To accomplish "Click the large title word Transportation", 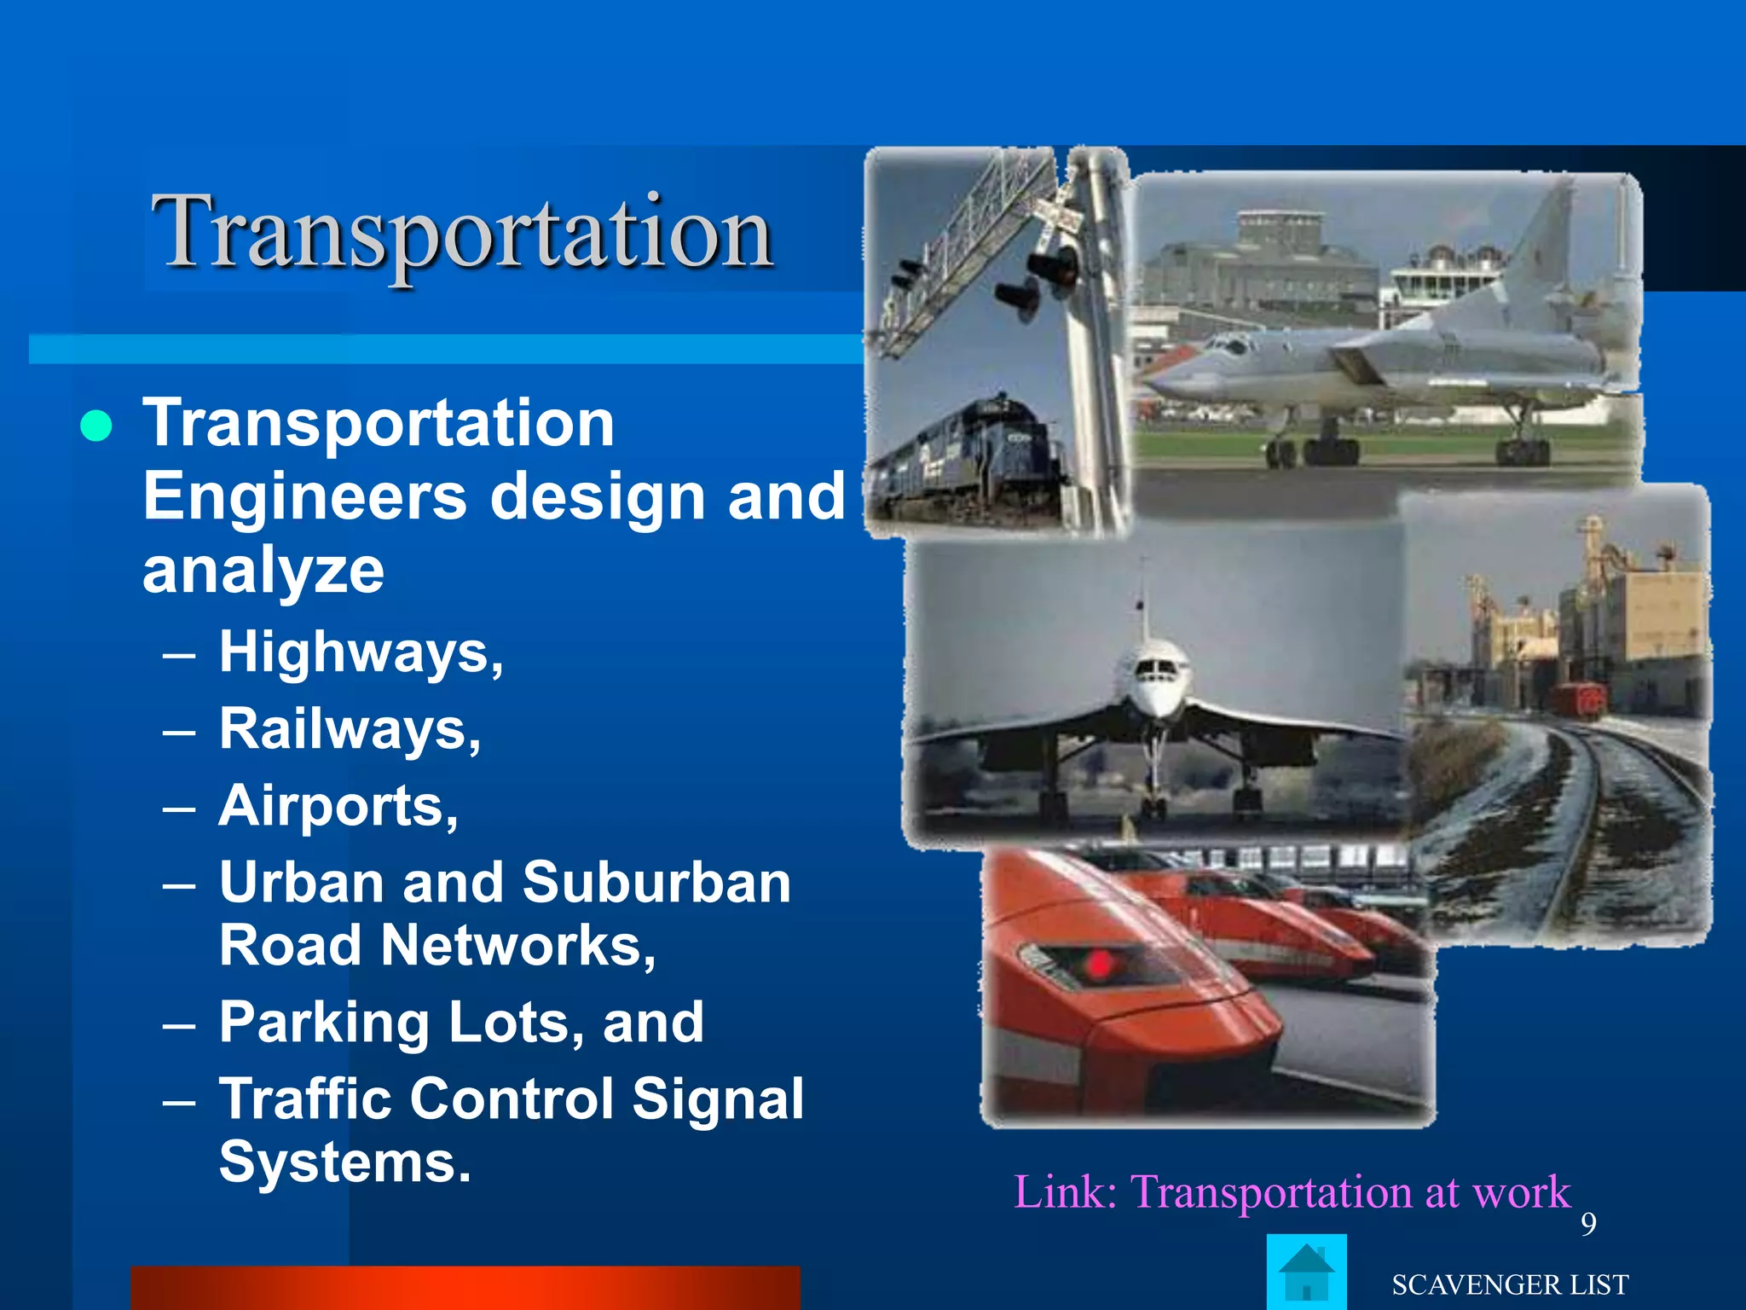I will click(462, 232).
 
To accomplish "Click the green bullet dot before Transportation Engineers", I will click(96, 426).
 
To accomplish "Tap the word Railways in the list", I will click(345, 729).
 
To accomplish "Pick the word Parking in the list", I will click(324, 1023).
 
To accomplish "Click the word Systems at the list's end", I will click(344, 1162).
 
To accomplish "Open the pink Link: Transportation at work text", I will click(1292, 1191).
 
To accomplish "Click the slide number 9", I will click(1588, 1224).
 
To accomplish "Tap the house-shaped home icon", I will click(1306, 1272).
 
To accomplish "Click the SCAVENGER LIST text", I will click(1510, 1284).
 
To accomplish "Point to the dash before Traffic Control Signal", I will click(179, 1101).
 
